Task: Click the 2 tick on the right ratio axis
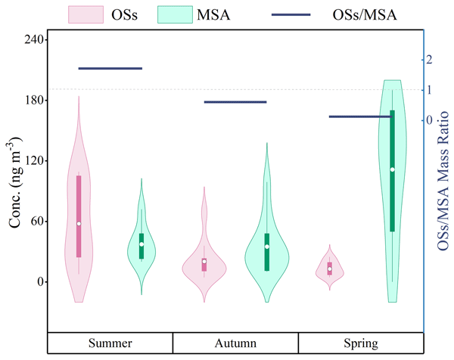[x=429, y=59]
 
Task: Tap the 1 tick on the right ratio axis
[x=429, y=89]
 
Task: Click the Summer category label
[x=110, y=343]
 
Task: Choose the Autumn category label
[x=235, y=343]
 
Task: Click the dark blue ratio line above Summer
[x=110, y=68]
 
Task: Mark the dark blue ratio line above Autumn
[x=235, y=101]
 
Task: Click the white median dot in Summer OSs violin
[x=79, y=223]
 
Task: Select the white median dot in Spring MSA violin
[x=392, y=169]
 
